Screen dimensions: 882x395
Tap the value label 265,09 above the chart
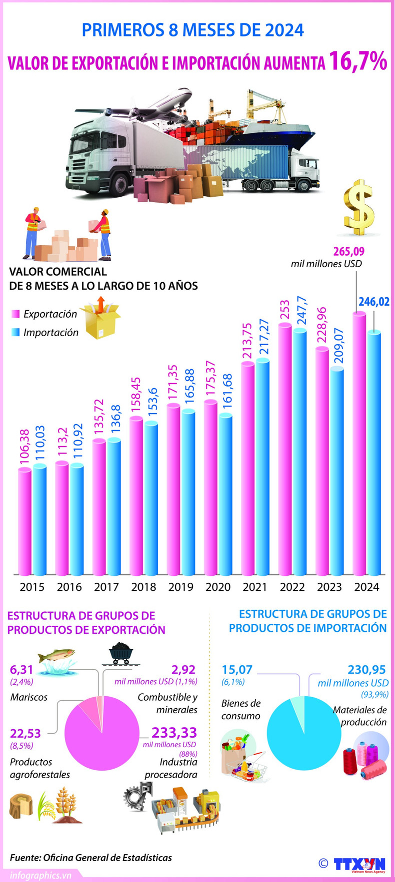click(348, 251)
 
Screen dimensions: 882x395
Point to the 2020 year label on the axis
click(218, 587)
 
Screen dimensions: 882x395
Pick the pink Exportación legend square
click(15, 314)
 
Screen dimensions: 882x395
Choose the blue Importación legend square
click(15, 333)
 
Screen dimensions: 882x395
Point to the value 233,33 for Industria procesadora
click(174, 733)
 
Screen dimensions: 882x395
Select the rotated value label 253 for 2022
click(284, 310)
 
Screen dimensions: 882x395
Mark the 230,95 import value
click(367, 670)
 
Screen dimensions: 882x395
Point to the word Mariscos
click(29, 697)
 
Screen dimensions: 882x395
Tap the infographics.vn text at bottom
click(40, 876)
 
